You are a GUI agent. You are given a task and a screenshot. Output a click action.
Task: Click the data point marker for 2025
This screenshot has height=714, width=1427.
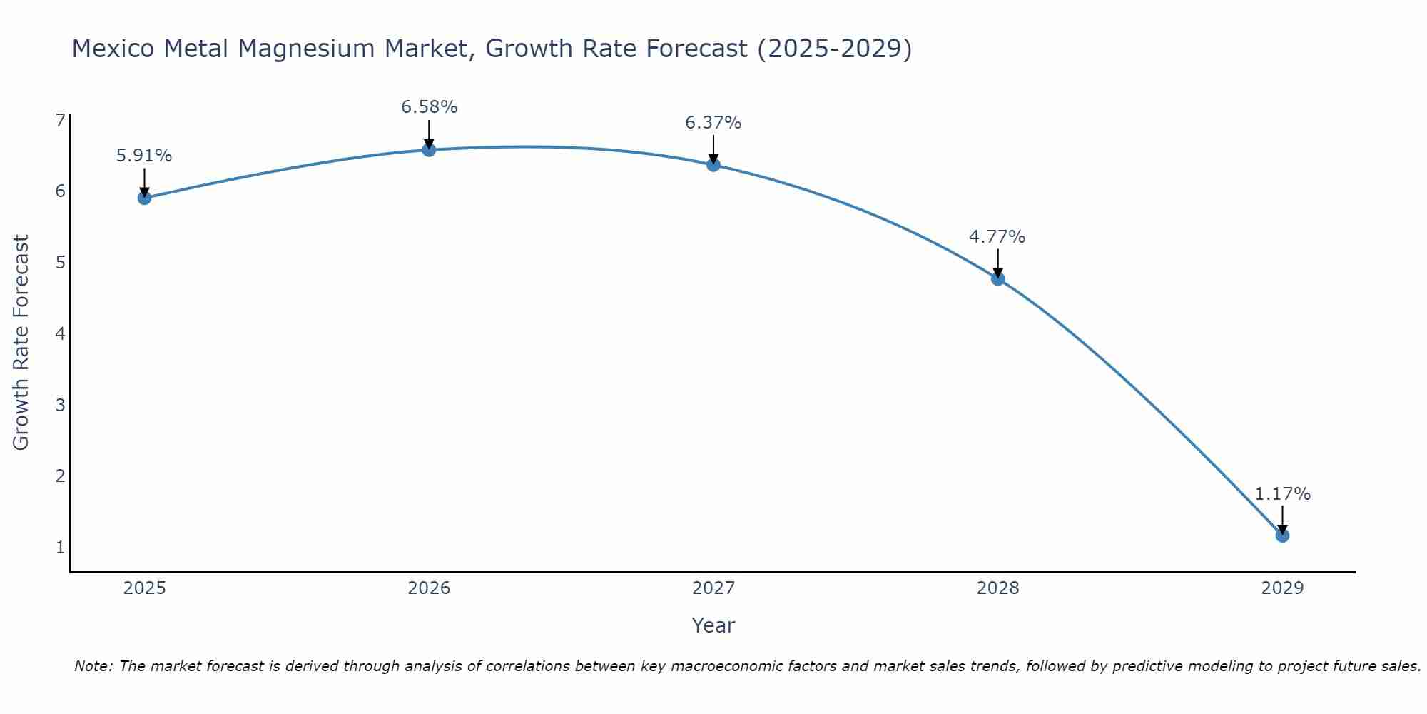[144, 198]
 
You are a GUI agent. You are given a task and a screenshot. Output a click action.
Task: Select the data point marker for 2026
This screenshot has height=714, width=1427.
[429, 150]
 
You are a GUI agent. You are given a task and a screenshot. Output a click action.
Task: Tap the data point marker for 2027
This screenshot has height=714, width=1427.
[713, 165]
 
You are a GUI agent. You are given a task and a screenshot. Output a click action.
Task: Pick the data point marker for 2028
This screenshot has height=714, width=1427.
[997, 278]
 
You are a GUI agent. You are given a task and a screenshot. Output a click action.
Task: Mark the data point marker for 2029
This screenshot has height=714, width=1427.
[1282, 535]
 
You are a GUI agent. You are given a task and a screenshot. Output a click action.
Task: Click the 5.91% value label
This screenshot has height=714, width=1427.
[144, 156]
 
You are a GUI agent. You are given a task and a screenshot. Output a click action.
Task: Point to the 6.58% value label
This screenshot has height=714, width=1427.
[429, 107]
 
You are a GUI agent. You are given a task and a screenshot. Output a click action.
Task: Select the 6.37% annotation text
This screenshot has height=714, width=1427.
[713, 123]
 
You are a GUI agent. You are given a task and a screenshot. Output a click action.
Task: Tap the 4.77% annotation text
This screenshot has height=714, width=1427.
[997, 237]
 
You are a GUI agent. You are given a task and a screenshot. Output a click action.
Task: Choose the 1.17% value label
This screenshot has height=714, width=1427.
[1282, 494]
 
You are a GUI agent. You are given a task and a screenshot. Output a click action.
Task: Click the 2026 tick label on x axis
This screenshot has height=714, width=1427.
[429, 588]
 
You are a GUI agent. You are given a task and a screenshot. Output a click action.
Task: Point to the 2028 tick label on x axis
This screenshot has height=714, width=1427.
[997, 588]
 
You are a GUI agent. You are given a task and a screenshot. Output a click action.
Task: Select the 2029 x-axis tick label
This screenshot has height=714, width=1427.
[1282, 588]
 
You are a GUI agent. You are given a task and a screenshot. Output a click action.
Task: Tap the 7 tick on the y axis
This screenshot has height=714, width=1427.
[60, 120]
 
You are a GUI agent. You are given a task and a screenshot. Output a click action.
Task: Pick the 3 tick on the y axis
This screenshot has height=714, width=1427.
[60, 405]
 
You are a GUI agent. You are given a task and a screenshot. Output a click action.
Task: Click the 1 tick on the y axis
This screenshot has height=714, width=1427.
[60, 548]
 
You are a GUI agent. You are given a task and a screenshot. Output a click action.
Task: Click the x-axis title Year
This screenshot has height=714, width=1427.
[713, 625]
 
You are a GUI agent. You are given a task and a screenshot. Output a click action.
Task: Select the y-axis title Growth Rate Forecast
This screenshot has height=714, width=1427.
[21, 343]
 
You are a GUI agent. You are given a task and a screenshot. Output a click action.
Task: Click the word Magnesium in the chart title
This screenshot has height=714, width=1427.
[315, 49]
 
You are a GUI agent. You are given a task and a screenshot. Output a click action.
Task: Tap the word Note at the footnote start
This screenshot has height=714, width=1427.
[92, 666]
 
